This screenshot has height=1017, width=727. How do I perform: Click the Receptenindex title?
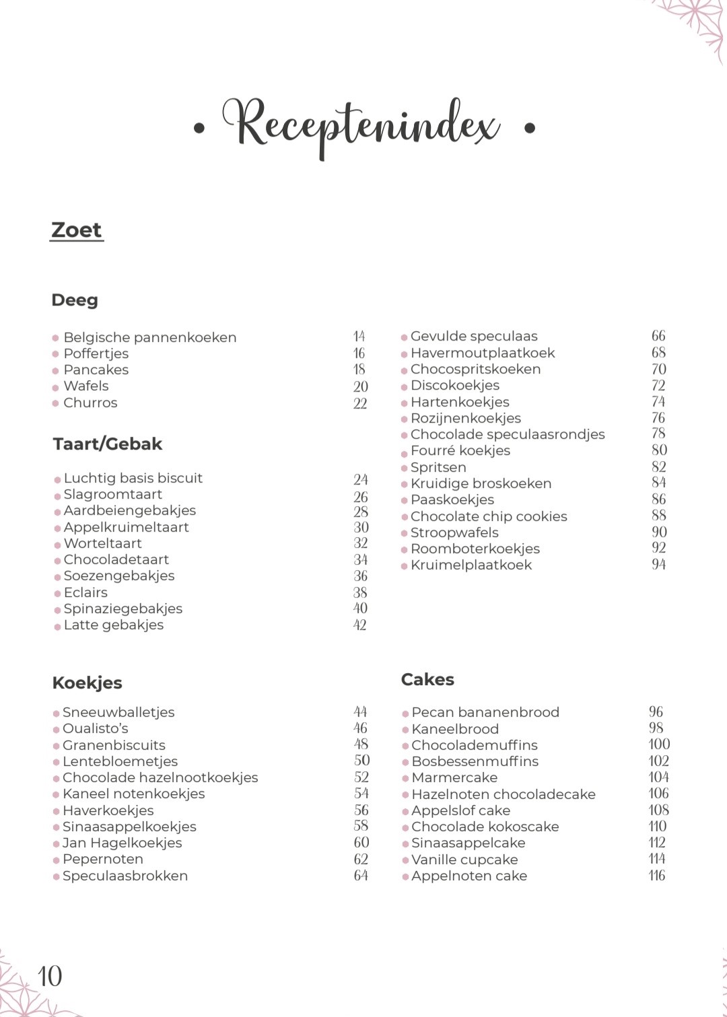[x=361, y=125]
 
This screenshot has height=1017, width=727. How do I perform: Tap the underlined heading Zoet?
[x=76, y=230]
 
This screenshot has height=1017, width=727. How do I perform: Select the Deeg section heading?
[x=75, y=300]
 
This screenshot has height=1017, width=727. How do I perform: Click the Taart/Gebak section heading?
[x=108, y=444]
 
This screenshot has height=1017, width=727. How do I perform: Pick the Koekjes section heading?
[x=88, y=683]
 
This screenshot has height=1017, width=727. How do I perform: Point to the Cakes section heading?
[x=427, y=680]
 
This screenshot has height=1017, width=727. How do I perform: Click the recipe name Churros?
[x=90, y=402]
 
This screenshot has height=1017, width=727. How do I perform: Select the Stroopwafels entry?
[x=454, y=532]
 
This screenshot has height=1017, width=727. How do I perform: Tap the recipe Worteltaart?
[x=103, y=543]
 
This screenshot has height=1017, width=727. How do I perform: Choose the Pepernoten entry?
[x=103, y=859]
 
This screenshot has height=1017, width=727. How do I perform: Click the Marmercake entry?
[x=454, y=777]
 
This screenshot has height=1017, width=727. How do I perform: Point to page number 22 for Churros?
[x=360, y=403]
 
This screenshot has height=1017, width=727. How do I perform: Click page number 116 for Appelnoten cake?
[x=657, y=876]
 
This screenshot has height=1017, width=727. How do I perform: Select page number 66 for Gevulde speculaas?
[x=658, y=336]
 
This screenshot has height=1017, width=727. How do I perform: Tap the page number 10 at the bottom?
[x=50, y=976]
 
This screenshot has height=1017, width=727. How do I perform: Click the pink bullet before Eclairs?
[x=58, y=593]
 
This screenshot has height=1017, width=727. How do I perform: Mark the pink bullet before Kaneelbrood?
[x=405, y=730]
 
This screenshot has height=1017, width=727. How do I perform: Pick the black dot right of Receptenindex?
[x=530, y=127]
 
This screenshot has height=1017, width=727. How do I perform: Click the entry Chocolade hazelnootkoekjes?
[x=160, y=777]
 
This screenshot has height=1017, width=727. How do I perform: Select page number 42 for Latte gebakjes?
[x=360, y=625]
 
